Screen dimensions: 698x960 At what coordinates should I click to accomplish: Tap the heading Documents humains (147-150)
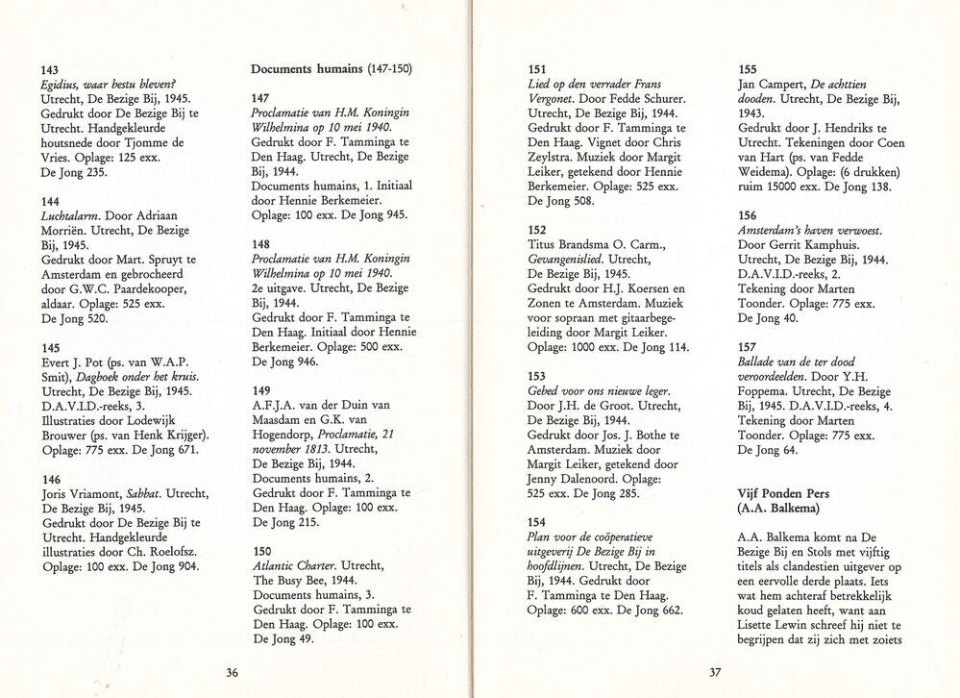[332, 69]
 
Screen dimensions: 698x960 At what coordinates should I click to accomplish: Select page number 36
[232, 673]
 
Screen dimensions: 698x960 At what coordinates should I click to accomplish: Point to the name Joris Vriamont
[86, 493]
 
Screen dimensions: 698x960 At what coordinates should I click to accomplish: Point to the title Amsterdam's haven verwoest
[809, 231]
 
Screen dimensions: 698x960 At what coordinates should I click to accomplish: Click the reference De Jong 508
[562, 201]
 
